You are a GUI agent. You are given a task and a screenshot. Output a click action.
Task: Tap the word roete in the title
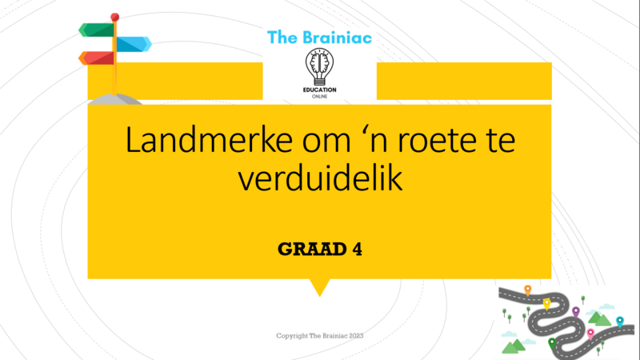[x=436, y=141]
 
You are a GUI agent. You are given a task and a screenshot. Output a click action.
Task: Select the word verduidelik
[x=321, y=178]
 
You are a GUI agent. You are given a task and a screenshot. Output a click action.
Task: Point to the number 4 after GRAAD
[x=357, y=249]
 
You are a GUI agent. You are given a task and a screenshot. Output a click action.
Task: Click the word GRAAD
[x=312, y=249]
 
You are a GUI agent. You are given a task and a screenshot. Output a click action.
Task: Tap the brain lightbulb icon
[x=319, y=66]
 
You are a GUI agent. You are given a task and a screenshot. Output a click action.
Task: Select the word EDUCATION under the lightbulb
[x=319, y=90]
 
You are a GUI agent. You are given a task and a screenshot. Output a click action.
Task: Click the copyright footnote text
[x=319, y=335]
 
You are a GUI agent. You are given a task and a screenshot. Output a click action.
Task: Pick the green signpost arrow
[x=96, y=30]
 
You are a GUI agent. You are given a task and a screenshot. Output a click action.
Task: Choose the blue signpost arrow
[x=134, y=44]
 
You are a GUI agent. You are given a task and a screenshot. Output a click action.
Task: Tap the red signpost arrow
[x=96, y=58]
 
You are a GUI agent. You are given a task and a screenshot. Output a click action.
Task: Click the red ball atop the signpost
[x=114, y=17]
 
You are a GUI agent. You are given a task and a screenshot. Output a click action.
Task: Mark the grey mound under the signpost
[x=115, y=99]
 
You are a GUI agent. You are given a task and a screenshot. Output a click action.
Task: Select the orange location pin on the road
[x=528, y=290]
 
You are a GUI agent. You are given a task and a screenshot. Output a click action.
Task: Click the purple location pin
[x=575, y=312]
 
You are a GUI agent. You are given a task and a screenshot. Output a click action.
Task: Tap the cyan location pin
[x=620, y=322]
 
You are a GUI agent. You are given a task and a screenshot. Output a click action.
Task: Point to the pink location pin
[x=590, y=334]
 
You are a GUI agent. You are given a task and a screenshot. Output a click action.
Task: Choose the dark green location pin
[x=552, y=344]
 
